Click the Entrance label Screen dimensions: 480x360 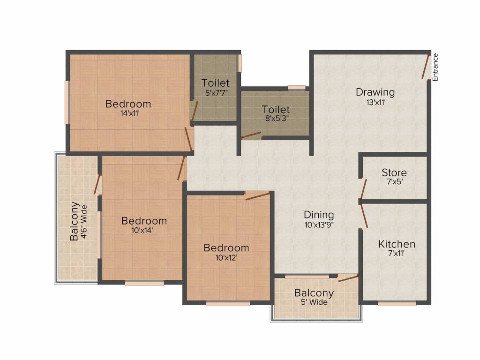pos(435,67)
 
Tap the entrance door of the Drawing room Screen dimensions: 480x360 pos(426,66)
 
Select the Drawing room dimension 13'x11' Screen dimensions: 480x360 pos(375,102)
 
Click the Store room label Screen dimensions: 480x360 pos(394,172)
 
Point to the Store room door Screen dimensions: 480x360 pos(363,189)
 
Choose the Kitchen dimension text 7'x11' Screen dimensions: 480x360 pos(397,254)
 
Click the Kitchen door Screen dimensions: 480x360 pos(364,217)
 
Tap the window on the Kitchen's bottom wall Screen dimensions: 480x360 pos(397,304)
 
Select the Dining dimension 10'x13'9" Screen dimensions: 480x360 pos(319,225)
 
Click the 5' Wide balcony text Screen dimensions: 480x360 pos(314,302)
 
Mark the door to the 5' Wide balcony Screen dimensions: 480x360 pos(348,278)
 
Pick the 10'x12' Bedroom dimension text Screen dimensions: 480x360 pos(226,258)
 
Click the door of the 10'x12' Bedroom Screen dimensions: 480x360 pos(258,196)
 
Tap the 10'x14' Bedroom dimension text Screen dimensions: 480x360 pos(142,230)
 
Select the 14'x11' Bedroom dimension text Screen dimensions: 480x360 pos(130,113)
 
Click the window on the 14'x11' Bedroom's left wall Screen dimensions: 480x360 pos(67,102)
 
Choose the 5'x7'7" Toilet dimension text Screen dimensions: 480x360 pos(217,93)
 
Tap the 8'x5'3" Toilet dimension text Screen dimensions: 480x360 pos(277,119)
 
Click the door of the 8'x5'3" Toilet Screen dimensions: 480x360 pos(251,135)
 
